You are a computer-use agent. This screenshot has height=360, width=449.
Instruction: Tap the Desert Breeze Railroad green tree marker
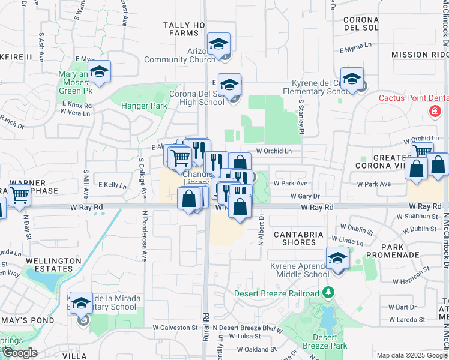pyautogui.click(x=328, y=293)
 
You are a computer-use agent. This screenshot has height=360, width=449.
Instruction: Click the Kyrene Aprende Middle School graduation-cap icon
pyautogui.click(x=338, y=259)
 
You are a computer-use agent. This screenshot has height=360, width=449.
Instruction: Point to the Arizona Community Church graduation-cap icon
pyautogui.click(x=219, y=44)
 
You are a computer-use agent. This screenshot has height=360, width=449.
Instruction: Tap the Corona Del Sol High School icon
pyautogui.click(x=229, y=85)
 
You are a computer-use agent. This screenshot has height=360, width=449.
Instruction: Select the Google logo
pyautogui.click(x=20, y=353)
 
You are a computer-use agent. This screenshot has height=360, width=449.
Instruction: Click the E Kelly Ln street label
pyautogui.click(x=112, y=185)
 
